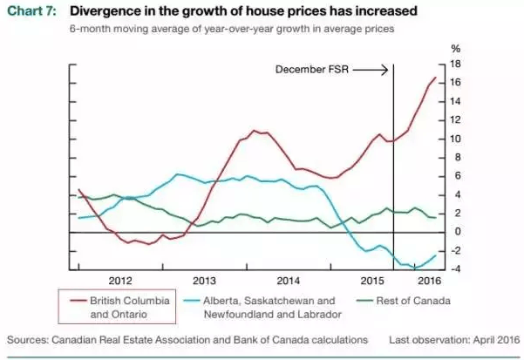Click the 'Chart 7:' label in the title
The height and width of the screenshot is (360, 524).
[32, 11]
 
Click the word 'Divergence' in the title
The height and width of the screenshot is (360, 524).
[105, 11]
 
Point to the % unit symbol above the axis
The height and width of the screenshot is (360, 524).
[454, 50]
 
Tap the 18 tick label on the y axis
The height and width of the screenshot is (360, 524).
[454, 65]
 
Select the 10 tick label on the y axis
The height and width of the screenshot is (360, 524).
[454, 139]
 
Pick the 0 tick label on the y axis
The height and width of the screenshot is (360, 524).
[452, 231]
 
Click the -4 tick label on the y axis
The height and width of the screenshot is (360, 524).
[453, 268]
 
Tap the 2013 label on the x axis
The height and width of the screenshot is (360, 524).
[203, 281]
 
